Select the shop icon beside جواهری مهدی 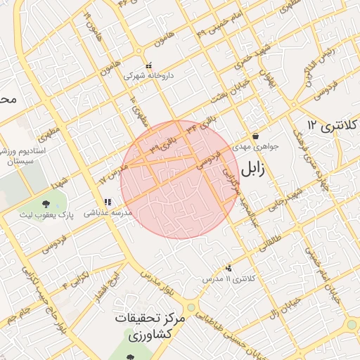[x=255, y=136]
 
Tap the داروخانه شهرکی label [x=148, y=74]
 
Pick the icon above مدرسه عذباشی [x=107, y=201]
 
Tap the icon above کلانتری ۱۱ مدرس [x=229, y=268]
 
